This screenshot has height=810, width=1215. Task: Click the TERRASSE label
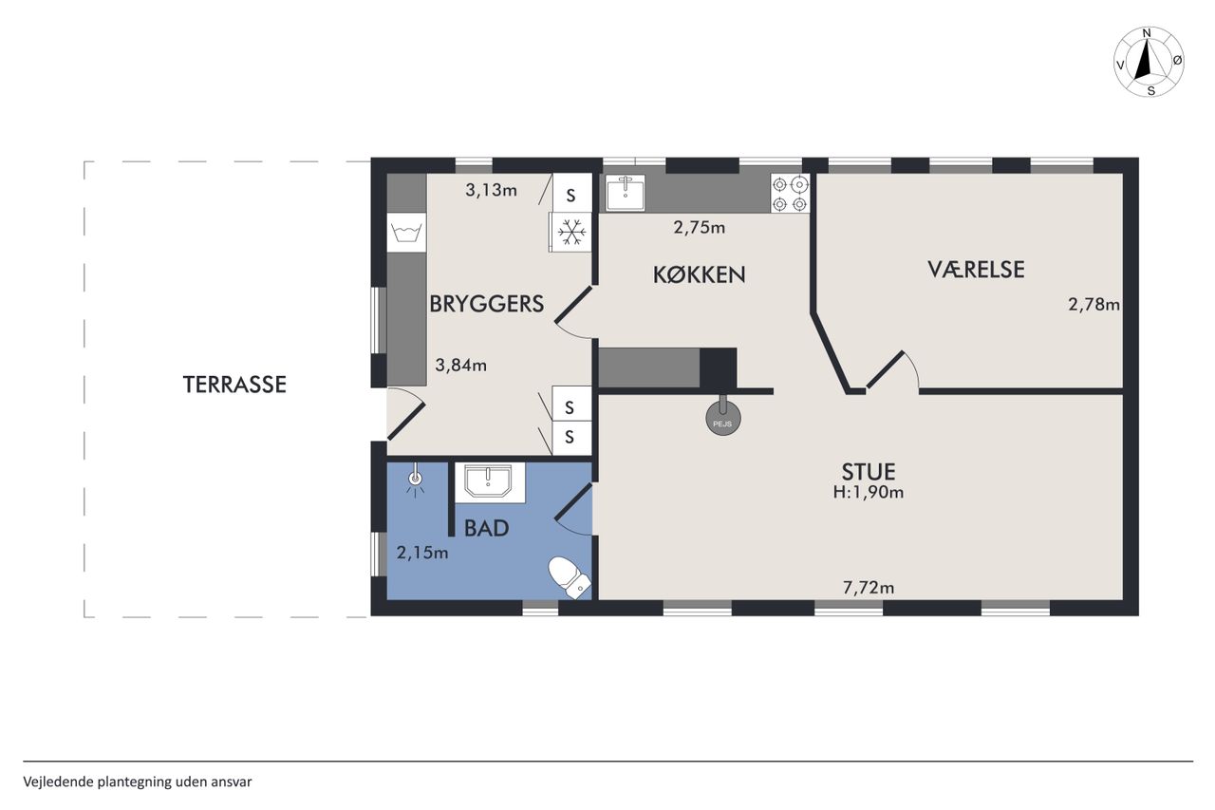click(234, 385)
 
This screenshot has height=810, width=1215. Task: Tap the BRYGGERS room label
click(487, 304)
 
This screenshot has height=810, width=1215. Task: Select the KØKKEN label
click(700, 275)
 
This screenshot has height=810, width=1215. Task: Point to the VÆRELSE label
click(976, 270)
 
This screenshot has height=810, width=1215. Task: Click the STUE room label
click(869, 471)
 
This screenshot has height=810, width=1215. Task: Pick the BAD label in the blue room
click(487, 528)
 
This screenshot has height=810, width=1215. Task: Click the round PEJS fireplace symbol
click(722, 419)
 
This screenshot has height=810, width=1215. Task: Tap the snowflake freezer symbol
click(571, 232)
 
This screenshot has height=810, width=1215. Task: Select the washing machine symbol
click(406, 233)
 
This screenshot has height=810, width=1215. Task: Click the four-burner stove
click(790, 194)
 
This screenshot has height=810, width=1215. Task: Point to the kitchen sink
click(626, 193)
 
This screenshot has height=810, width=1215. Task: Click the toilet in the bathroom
click(569, 576)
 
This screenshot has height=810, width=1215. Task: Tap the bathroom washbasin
click(489, 482)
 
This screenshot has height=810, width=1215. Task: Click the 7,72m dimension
click(869, 588)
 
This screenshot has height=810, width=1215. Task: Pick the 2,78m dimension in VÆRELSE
click(1093, 305)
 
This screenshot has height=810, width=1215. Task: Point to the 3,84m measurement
click(460, 366)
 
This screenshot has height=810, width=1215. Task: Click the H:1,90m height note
click(869, 492)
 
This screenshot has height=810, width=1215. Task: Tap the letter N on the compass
click(1147, 33)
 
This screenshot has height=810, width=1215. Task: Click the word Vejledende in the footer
click(59, 782)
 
